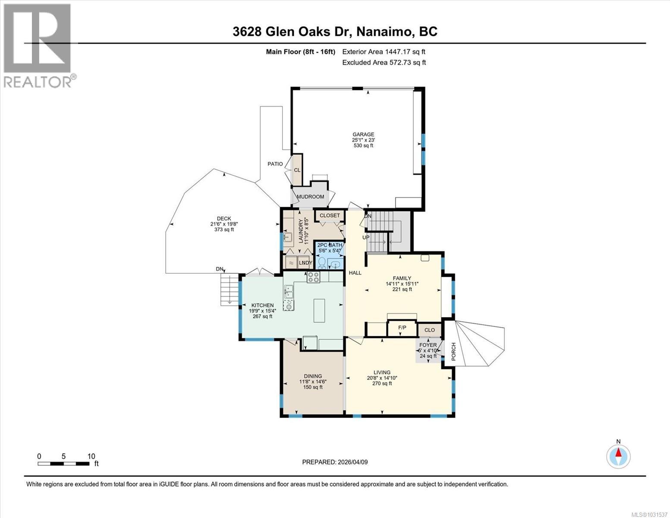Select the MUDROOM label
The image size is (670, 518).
pyautogui.click(x=310, y=197)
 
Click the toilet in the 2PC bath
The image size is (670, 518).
pyautogui.click(x=321, y=262)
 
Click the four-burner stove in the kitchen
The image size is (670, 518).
pyautogui.click(x=313, y=277)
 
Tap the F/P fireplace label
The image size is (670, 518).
pyautogui.click(x=402, y=328)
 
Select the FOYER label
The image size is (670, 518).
pyautogui.click(x=428, y=345)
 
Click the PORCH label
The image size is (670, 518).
pyautogui.click(x=453, y=351)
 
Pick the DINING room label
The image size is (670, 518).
pyautogui.click(x=313, y=376)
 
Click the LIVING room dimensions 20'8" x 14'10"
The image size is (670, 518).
pyautogui.click(x=382, y=378)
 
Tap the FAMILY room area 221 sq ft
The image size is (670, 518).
pyautogui.click(x=402, y=289)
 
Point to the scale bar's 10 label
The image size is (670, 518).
pyautogui.click(x=91, y=456)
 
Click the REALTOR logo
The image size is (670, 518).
pyautogui.click(x=38, y=45)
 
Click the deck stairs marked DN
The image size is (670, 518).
pyautogui.click(x=229, y=289)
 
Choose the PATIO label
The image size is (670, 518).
pyautogui.click(x=275, y=164)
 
